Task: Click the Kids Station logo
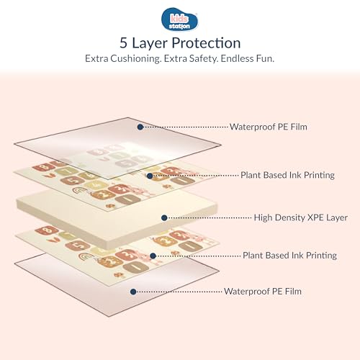tap(179, 19)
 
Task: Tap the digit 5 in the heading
tap(123, 43)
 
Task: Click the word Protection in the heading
tap(206, 43)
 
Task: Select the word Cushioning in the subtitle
tap(135, 58)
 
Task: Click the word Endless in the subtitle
tap(236, 58)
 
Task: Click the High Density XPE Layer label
tap(301, 217)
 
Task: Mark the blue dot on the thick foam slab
tap(164, 218)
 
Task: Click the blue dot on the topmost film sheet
tap(140, 127)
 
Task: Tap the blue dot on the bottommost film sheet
tap(133, 292)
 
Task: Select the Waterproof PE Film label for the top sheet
tap(269, 127)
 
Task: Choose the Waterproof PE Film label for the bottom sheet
tap(263, 292)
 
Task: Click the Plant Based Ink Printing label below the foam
tap(289, 256)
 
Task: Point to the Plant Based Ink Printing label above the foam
tap(287, 175)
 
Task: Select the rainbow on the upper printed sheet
tap(80, 191)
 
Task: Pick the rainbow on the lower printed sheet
tap(86, 257)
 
